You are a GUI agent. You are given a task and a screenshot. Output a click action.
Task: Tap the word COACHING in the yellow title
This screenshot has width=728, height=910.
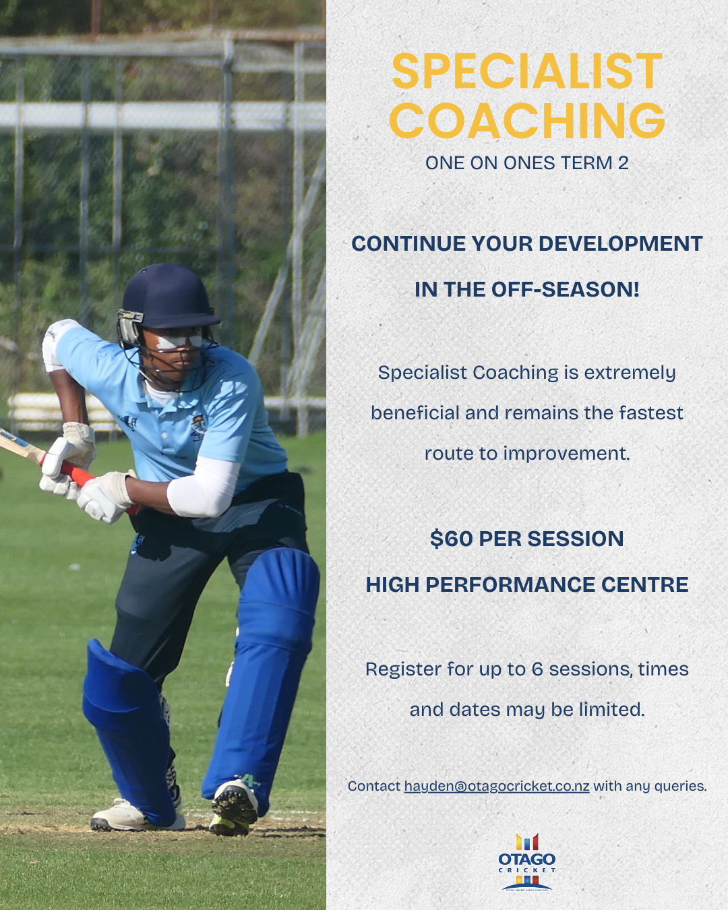(526, 120)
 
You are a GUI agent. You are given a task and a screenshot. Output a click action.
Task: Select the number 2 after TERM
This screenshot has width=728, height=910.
(623, 163)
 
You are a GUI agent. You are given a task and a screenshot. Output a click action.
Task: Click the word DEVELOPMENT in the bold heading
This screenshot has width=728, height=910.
(620, 243)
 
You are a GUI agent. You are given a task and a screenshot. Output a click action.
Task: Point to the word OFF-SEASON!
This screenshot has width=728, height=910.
(565, 290)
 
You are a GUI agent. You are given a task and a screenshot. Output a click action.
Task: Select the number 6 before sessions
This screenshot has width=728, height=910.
(537, 669)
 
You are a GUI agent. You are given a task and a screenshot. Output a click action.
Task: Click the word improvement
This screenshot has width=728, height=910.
(566, 454)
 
